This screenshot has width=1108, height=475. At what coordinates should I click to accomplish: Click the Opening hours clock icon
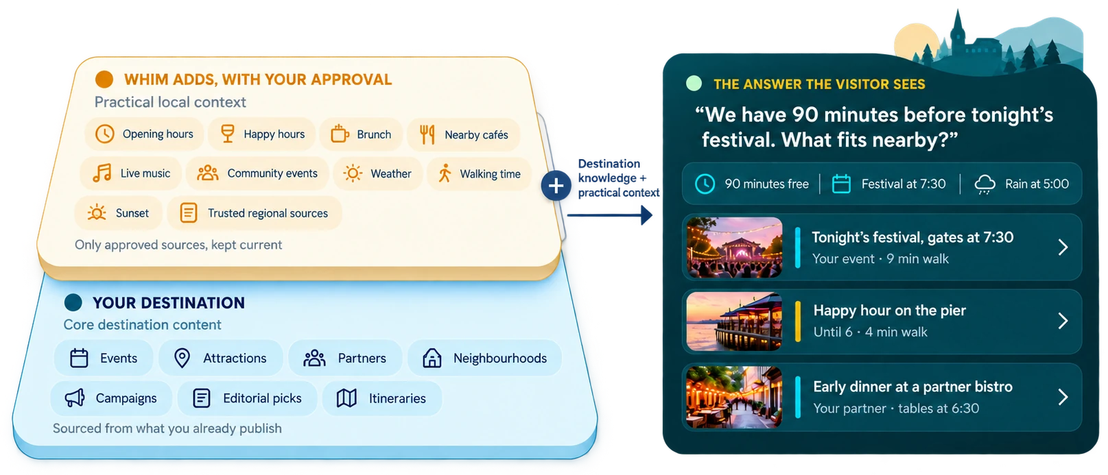tap(104, 134)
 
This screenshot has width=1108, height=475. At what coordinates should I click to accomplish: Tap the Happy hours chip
tap(261, 134)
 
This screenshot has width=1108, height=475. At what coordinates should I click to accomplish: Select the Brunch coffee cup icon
tap(340, 134)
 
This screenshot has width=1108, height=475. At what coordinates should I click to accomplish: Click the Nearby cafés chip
tap(464, 134)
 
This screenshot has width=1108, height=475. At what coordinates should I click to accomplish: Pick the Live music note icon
tap(102, 173)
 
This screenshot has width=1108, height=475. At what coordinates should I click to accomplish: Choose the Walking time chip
tap(478, 173)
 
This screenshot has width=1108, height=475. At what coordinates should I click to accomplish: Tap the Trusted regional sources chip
tap(255, 213)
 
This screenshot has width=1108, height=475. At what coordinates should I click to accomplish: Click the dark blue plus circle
tap(556, 186)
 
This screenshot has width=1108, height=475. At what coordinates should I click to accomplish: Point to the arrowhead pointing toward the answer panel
tap(646, 215)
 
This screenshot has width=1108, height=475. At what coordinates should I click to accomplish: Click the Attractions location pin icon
tap(182, 358)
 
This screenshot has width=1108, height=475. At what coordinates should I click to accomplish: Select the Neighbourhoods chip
tap(485, 358)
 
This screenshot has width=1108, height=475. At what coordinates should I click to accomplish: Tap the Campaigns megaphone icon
tap(75, 398)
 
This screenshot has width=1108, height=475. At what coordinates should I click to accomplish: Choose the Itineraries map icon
tap(346, 398)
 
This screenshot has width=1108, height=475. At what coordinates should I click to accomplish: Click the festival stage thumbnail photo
tap(735, 247)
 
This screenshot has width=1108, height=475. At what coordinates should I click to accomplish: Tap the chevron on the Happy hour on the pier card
tap(1063, 321)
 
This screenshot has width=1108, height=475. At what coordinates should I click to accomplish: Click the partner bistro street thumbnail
tap(735, 397)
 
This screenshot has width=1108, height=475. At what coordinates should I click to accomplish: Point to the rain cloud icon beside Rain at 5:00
tap(985, 184)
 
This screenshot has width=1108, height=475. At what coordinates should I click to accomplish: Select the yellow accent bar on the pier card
tap(797, 321)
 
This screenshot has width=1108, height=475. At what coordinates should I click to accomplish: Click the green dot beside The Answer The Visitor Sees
tap(694, 83)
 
